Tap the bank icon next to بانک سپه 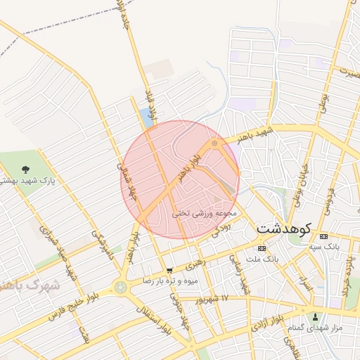click(x=323, y=236)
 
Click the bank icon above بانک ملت click(x=262, y=248)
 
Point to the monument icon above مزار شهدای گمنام click(x=315, y=316)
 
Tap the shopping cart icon click(x=169, y=270)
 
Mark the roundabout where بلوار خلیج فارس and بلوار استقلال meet click(x=121, y=286)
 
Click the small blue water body click(x=146, y=115)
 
